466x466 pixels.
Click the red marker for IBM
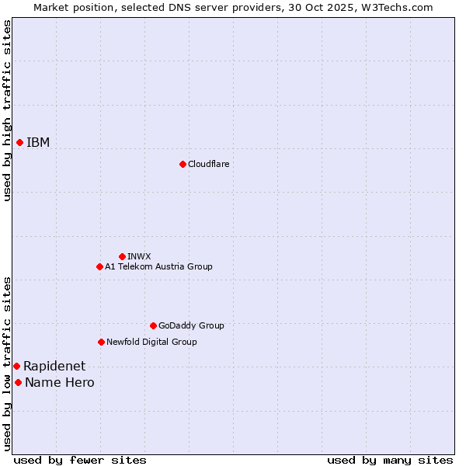pos(19,142)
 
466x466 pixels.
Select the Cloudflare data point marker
pos(183,164)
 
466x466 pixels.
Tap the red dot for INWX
pos(122,256)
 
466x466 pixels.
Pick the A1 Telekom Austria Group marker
pos(99,266)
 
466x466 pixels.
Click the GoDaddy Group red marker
pos(153,325)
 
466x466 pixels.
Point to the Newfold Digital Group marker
pos(101,342)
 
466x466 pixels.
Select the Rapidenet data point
pos(16,366)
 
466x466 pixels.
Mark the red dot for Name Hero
pos(18,382)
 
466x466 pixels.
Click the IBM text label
pos(38,142)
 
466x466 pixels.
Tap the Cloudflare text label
pos(208,164)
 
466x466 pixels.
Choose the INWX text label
pos(139,256)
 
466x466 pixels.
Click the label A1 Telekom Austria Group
pos(158,266)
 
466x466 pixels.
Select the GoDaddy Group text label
pos(191,325)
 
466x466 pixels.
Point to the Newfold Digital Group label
pos(151,342)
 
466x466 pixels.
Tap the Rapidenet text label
pos(54,366)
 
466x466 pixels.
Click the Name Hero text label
pos(60,382)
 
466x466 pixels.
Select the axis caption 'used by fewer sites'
pos(80,460)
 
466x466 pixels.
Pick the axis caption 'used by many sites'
pos(390,460)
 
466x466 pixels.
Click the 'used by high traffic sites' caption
pos(7,110)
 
